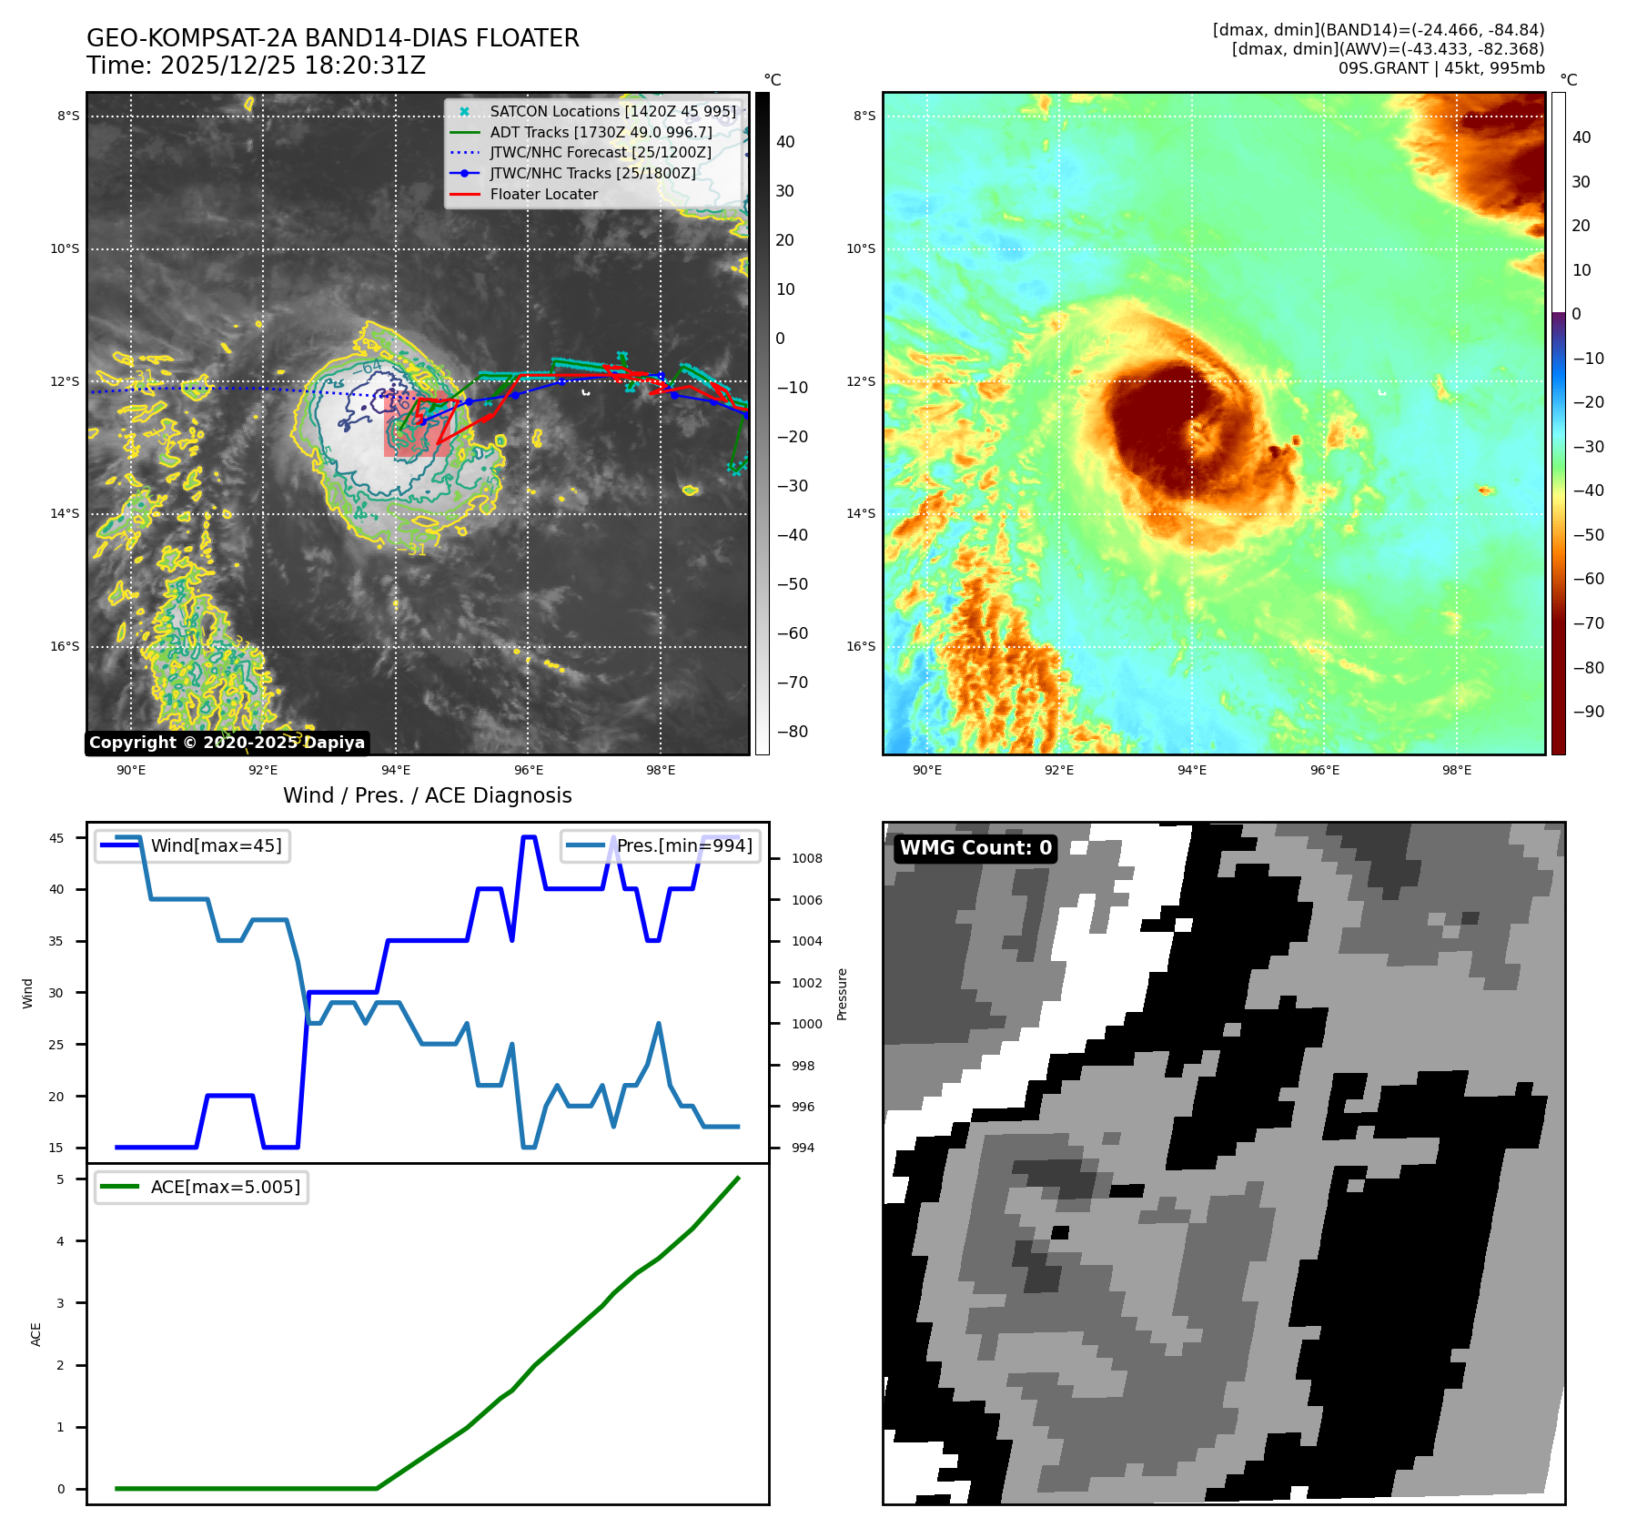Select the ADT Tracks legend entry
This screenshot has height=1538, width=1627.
pos(601,133)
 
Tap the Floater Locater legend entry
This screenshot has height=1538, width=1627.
pos(543,195)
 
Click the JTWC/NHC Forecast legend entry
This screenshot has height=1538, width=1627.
pos(601,153)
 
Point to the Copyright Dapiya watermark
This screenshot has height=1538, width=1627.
pos(227,743)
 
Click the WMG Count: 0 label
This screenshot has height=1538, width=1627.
pos(975,848)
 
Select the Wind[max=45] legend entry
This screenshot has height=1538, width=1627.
pos(216,845)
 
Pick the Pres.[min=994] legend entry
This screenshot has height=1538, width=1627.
pos(684,845)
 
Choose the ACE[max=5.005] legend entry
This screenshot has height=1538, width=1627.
pos(225,1187)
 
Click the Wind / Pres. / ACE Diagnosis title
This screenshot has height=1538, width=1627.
pos(428,795)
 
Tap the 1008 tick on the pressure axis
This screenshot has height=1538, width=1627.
pos(806,858)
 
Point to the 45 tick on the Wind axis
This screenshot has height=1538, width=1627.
pos(56,838)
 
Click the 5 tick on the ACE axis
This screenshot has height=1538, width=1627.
pos(61,1179)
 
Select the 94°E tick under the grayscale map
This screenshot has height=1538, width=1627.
pos(396,770)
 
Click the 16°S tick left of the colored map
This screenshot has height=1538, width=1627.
pos(861,646)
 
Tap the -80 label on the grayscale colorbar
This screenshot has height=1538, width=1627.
pos(792,732)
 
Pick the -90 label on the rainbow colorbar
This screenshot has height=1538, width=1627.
pos(1589,712)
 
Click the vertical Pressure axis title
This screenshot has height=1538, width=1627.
pos(843,994)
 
